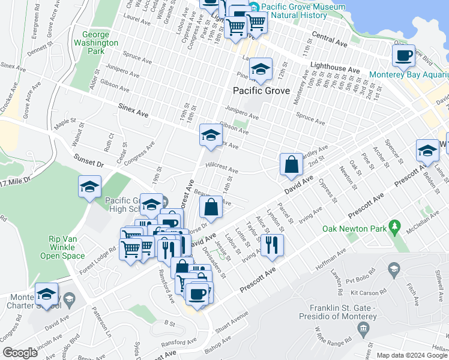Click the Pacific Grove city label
pos(261,91)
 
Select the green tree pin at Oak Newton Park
pos(394,227)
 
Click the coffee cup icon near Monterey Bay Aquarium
pos(403,57)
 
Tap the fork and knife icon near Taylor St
pos(272,245)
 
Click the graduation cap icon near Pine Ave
pos(261,70)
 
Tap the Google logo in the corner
pos(20,353)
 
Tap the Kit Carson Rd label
pos(367,293)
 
